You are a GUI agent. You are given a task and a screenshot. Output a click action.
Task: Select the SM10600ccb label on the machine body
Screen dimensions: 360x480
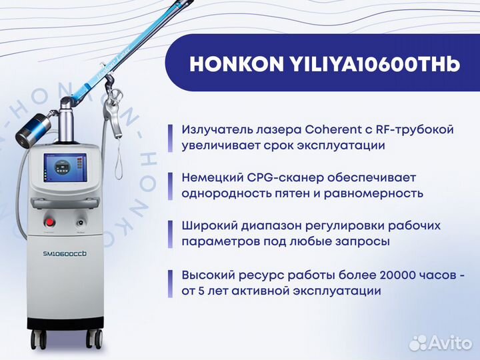point(65,253)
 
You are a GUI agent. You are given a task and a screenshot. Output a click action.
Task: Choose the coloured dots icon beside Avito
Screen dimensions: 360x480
point(419,342)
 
